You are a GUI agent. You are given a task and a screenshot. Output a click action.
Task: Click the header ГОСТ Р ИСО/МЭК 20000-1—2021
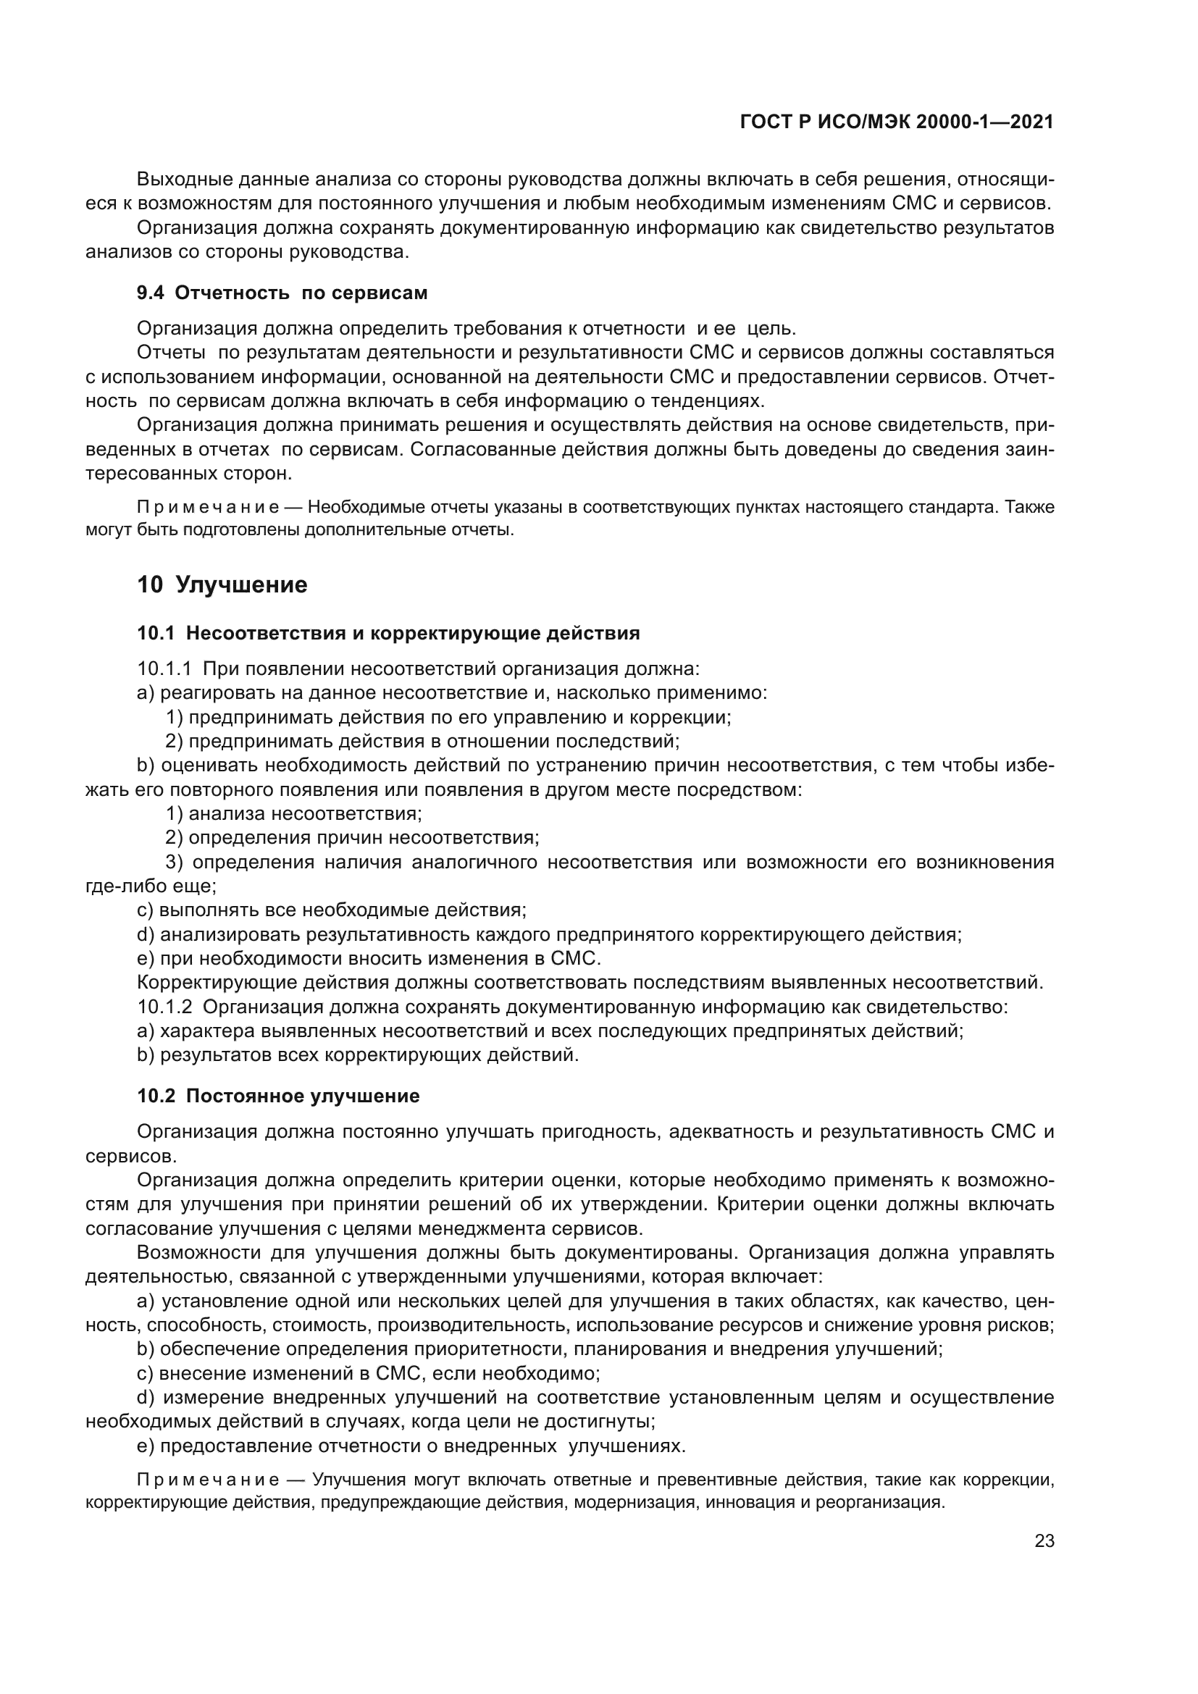896,122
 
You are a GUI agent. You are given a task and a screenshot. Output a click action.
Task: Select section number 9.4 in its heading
151,293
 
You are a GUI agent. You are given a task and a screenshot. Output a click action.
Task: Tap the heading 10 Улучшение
222,585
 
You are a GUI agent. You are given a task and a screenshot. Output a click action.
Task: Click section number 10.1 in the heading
156,633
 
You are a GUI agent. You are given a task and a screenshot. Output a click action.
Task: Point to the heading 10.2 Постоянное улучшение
278,1096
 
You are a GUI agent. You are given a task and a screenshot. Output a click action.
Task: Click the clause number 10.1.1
164,668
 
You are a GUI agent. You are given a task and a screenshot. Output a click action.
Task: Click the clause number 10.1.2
164,1007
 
